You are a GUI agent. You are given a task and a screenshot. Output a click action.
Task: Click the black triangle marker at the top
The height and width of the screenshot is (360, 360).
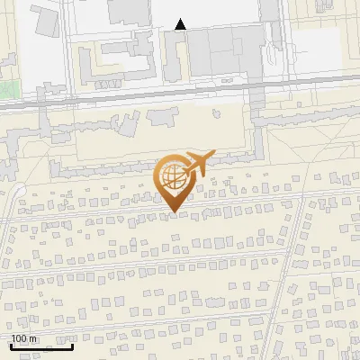click(x=181, y=24)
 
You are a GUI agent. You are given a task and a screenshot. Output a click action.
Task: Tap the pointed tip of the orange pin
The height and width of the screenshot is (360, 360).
click(x=173, y=213)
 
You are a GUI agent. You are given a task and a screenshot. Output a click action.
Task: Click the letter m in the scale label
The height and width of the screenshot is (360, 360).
click(x=32, y=338)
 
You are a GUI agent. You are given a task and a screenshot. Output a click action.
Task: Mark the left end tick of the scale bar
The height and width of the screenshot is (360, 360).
click(x=10, y=345)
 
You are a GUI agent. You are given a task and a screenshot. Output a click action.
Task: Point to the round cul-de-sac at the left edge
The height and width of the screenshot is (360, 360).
click(x=16, y=191)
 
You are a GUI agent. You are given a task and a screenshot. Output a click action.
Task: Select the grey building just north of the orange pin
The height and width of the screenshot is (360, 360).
click(x=162, y=117)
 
